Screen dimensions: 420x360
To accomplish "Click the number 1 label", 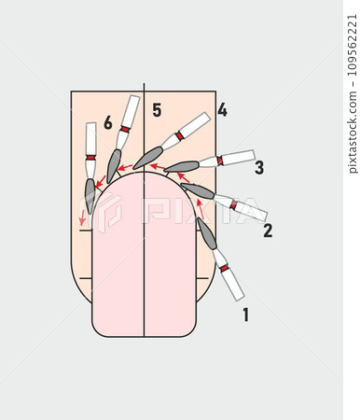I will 245,315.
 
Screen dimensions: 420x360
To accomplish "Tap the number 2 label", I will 267,231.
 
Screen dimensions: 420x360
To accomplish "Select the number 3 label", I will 258,168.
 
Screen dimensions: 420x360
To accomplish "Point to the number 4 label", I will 221,110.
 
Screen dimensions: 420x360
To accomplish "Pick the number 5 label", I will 157,111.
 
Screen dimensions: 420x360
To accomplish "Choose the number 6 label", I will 108,122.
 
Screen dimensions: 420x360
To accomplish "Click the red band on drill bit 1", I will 224,269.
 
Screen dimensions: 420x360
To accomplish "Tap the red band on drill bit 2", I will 233,204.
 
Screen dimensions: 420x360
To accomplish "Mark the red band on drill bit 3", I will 220,161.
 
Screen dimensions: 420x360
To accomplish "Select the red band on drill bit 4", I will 178,136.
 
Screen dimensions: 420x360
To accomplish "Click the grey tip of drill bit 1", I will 206,232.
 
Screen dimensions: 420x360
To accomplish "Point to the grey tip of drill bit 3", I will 182,167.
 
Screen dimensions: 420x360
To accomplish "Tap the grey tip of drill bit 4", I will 147,158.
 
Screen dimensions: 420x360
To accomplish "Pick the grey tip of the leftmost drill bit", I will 90,194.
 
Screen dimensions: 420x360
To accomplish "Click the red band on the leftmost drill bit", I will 90,157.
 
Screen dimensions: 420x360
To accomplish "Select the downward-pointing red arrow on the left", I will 82,217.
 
